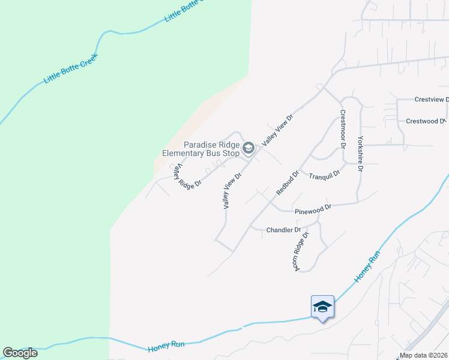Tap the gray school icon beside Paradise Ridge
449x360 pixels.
(248, 147)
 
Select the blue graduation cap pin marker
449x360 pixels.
(322, 307)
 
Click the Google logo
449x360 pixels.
(20, 353)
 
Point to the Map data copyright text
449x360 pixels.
(424, 355)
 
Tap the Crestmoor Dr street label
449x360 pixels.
(343, 128)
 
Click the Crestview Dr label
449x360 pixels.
(431, 100)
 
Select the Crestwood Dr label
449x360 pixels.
(426, 121)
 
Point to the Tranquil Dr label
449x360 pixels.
(324, 175)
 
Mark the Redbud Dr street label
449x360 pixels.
(288, 183)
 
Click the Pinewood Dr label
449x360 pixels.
(313, 209)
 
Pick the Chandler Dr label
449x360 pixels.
(283, 230)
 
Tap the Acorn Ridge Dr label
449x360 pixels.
(301, 250)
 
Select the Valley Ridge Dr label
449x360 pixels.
(186, 178)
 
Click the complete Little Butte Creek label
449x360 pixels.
(70, 69)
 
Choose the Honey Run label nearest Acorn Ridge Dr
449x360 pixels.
(367, 268)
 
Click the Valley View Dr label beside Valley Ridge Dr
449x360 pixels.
(232, 191)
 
